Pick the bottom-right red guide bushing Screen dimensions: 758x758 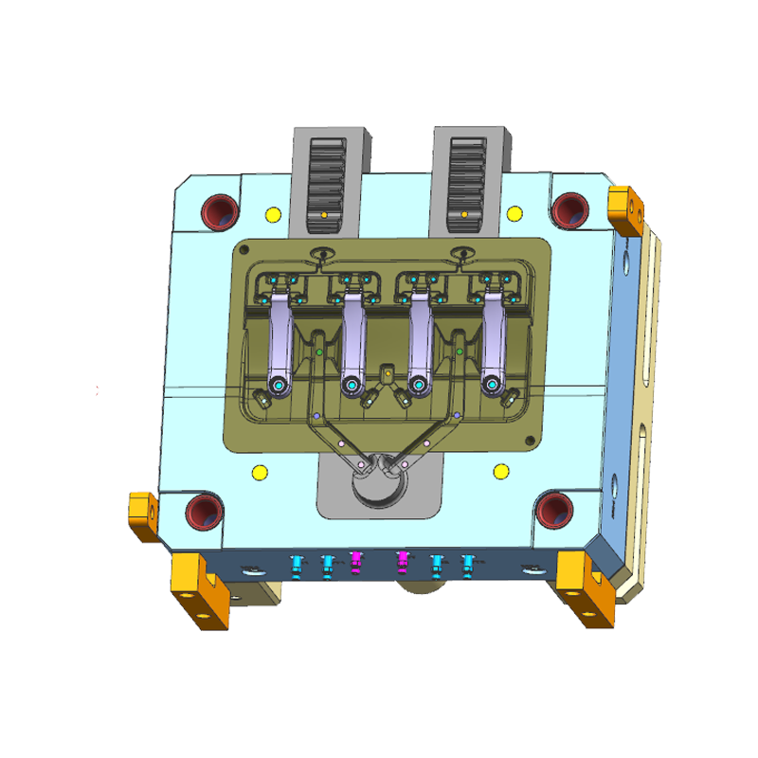[553, 510]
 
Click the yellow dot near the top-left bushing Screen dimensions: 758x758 [273, 213]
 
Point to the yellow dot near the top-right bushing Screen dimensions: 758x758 [515, 211]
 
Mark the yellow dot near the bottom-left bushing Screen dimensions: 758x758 [258, 472]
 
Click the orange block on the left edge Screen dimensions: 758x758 [143, 515]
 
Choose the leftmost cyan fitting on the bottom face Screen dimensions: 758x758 [298, 565]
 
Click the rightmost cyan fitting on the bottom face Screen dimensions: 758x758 [467, 564]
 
